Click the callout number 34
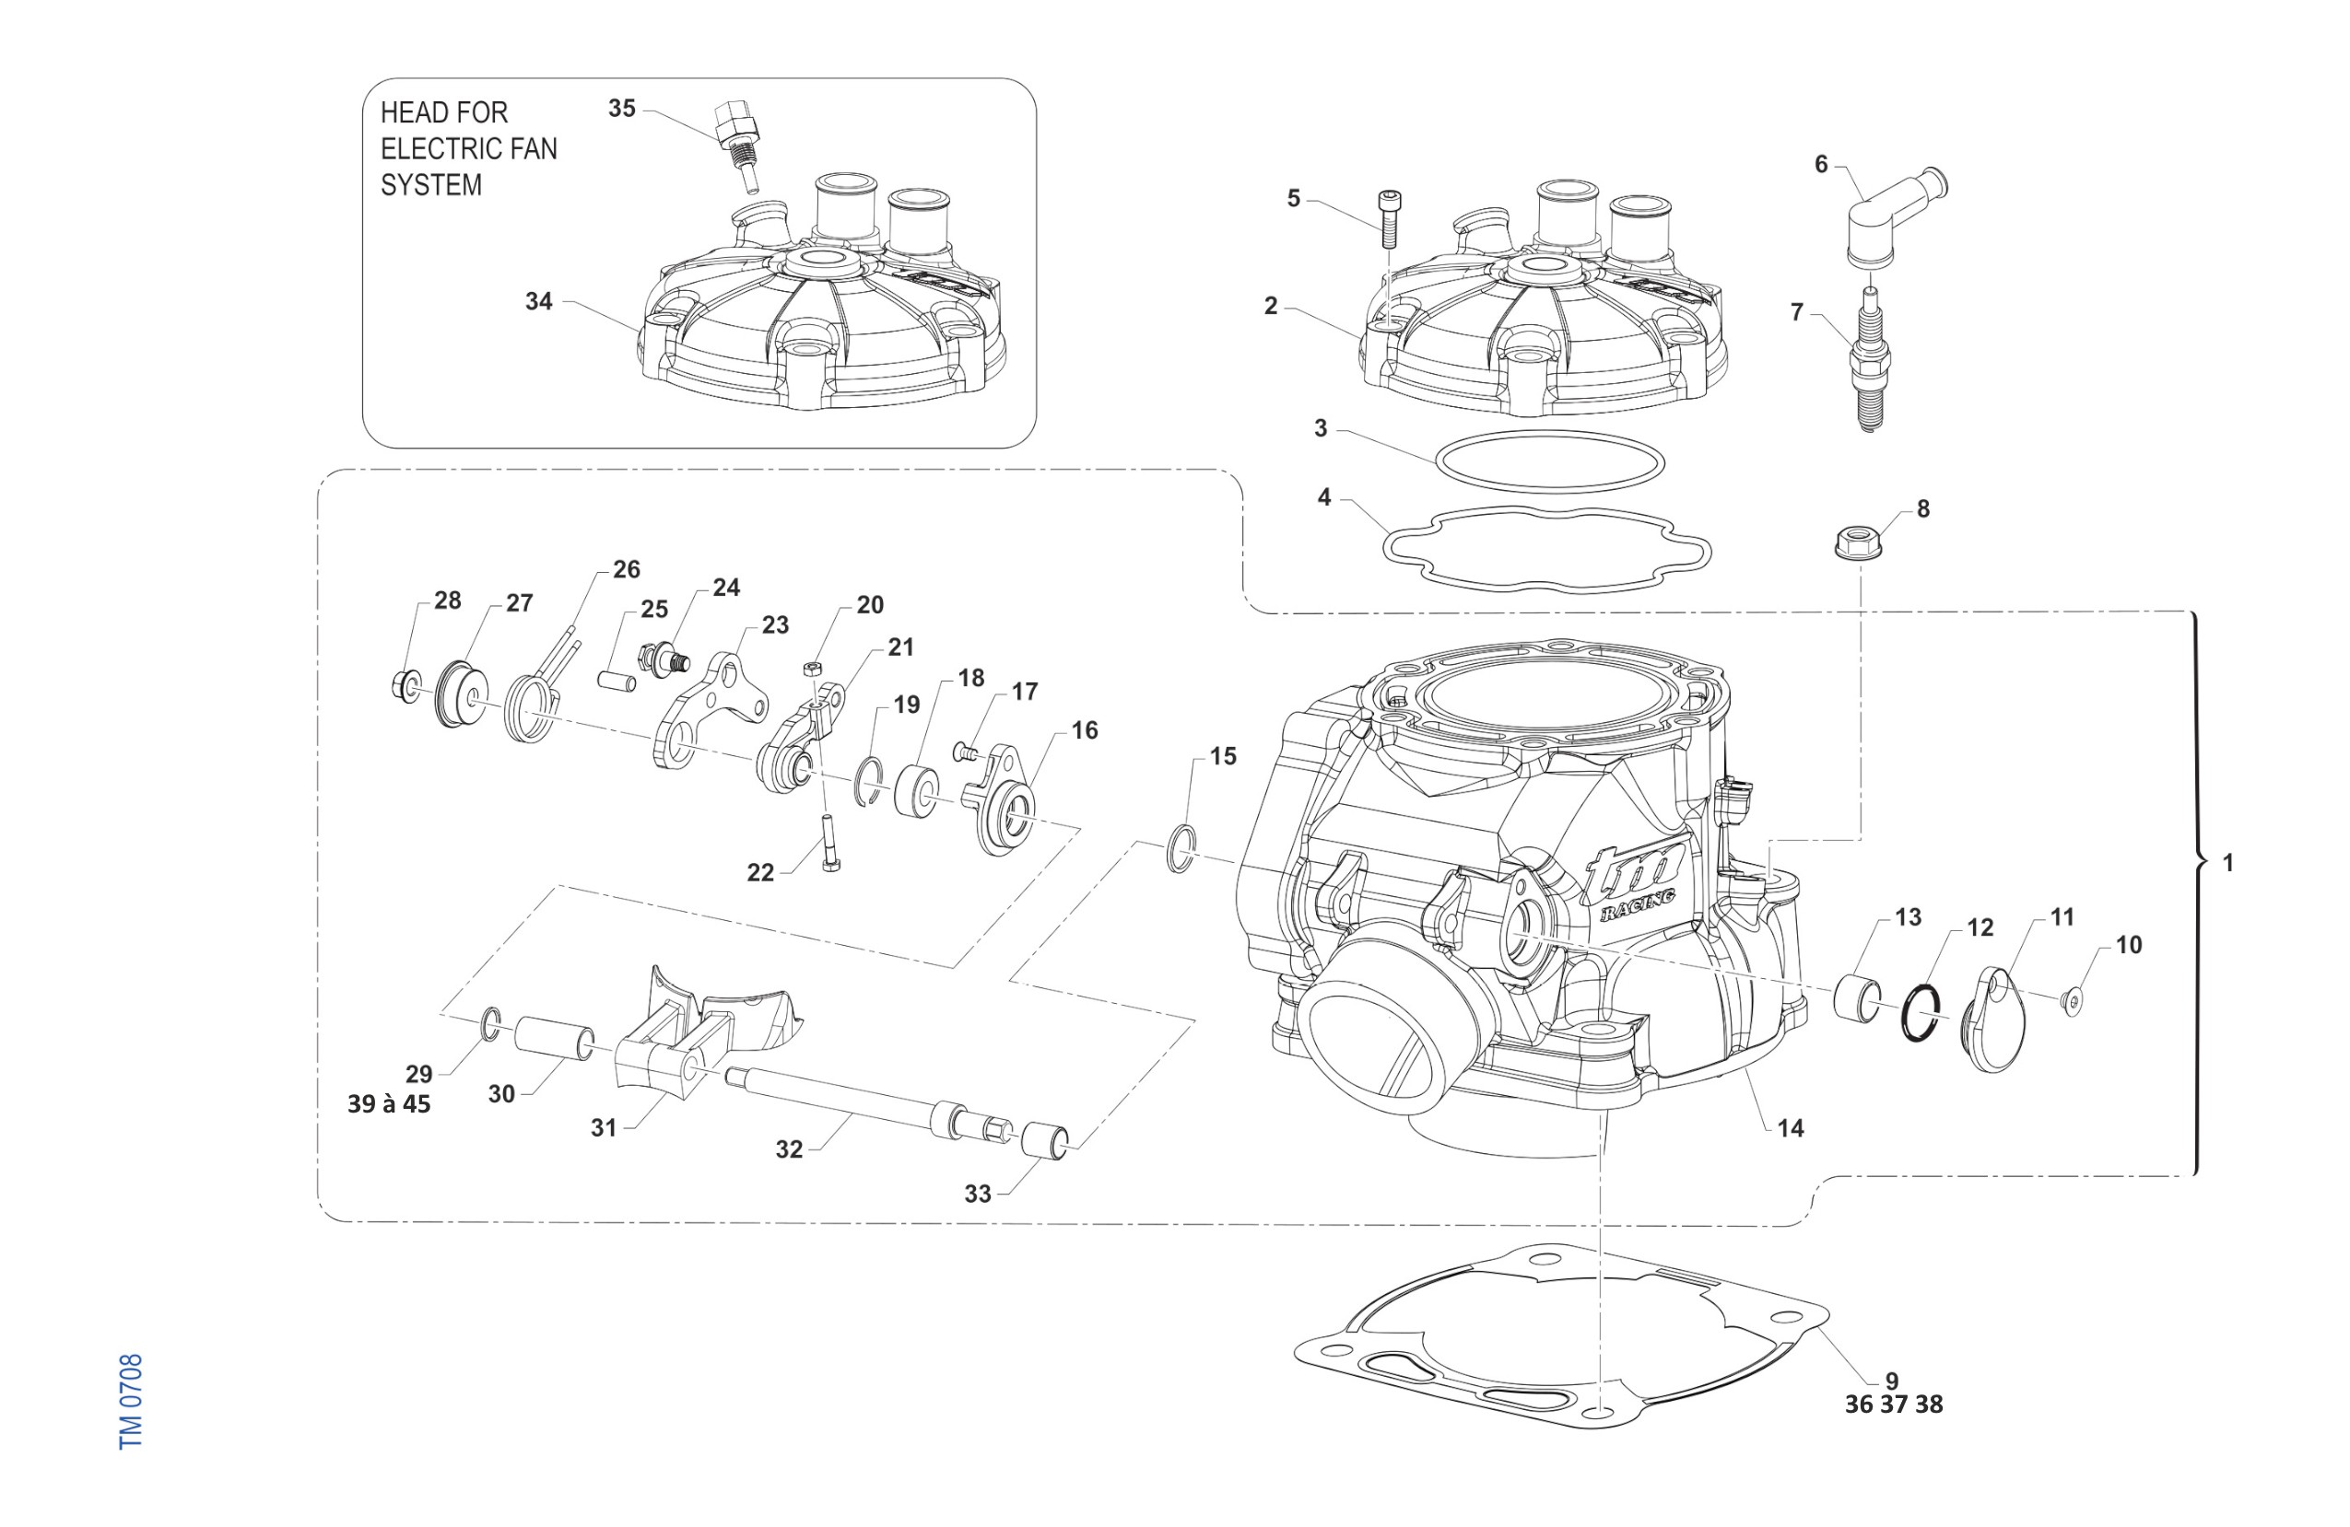[x=538, y=301]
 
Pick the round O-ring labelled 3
[x=1547, y=460]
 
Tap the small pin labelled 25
[x=613, y=682]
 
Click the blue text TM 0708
[x=131, y=1402]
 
